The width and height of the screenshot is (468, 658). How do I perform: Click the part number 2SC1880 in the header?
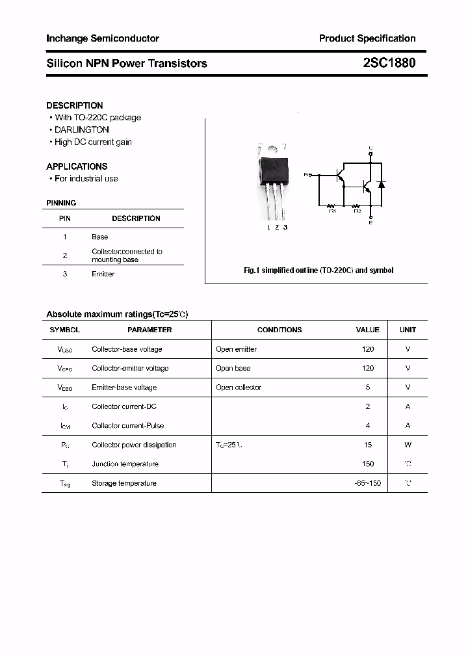click(x=389, y=63)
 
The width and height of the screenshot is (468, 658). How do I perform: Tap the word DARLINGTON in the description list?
click(x=82, y=129)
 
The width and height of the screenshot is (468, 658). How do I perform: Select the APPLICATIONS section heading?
click(x=77, y=166)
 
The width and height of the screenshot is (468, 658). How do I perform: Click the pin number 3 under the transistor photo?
click(x=285, y=227)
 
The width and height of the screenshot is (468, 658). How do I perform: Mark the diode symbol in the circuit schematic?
click(x=382, y=185)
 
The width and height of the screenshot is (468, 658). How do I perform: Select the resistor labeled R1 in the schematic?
click(x=332, y=205)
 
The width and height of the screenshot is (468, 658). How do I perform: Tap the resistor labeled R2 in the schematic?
click(x=357, y=205)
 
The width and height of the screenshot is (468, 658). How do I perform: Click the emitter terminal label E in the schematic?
click(x=370, y=223)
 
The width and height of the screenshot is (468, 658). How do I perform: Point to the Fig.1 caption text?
click(x=318, y=270)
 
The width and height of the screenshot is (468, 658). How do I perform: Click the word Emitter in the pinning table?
click(x=103, y=274)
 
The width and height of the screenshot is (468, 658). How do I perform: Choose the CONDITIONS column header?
click(x=279, y=330)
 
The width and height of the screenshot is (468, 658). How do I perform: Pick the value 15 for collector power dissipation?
click(x=368, y=445)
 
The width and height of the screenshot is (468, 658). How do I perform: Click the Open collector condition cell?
click(x=239, y=388)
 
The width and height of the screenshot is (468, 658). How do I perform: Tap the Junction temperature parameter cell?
click(x=125, y=464)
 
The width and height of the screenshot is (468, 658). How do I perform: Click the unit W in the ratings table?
click(x=408, y=445)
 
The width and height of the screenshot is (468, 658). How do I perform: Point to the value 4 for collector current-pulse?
click(x=368, y=426)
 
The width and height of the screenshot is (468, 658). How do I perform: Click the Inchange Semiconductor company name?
click(x=103, y=38)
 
